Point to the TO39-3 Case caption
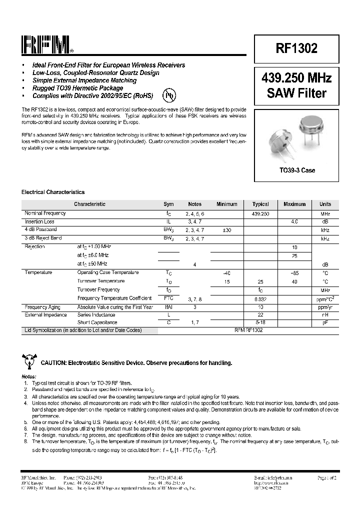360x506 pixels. point(296,170)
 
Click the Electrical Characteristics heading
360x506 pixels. point(53,192)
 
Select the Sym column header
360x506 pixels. point(168,204)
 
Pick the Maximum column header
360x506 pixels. point(294,204)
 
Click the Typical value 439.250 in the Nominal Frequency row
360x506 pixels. point(260,213)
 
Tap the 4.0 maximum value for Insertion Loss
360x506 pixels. point(294,221)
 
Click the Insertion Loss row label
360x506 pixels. point(39,221)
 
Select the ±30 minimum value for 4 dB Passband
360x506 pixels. point(226,230)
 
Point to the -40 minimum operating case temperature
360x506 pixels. point(226,272)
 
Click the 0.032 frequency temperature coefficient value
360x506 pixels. point(260,298)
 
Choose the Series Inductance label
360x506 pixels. point(96,315)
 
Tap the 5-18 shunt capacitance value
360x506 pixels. point(260,323)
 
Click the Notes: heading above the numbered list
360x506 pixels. point(28,376)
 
